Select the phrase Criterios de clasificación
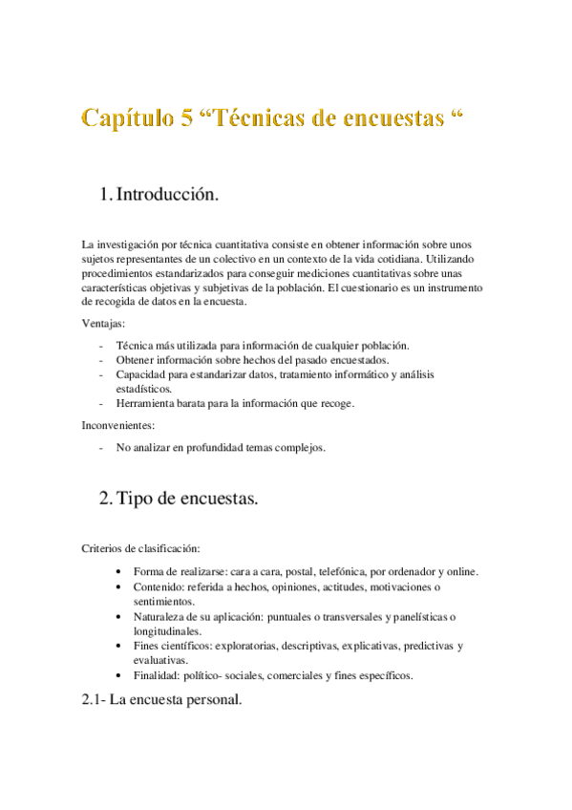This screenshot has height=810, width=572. tap(140, 549)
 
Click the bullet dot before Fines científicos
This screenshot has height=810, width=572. tap(117, 646)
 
